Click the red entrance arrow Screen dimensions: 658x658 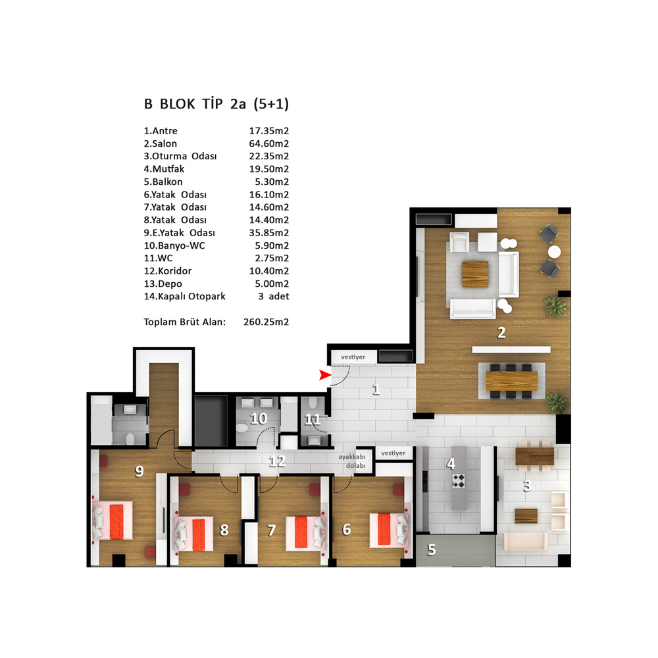pos(324,375)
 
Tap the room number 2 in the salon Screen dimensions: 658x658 pos(501,333)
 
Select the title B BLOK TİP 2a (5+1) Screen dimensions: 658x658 pos(216,104)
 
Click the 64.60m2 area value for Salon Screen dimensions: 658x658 pos(269,143)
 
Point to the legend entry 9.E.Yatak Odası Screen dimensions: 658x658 pos(179,233)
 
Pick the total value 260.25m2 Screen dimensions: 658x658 pos(266,322)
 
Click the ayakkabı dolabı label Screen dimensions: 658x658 pos(352,461)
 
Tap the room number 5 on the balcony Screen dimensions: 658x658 pos(432,549)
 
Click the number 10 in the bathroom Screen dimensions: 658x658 pos(259,418)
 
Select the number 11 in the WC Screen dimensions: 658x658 pos(312,419)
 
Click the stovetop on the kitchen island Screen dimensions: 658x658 pos(458,481)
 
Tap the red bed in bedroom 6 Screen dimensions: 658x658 pos(384,529)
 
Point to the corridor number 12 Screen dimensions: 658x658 pos(277,462)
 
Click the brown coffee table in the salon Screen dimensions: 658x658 pos(475,274)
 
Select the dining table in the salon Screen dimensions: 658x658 pos(511,381)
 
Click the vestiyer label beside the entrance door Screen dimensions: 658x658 pos(353,357)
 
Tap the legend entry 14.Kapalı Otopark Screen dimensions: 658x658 pos(185,296)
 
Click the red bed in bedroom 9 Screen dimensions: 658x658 pos(116,522)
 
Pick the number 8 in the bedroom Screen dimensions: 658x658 pos(224,530)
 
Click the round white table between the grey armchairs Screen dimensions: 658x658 pos(554,252)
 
